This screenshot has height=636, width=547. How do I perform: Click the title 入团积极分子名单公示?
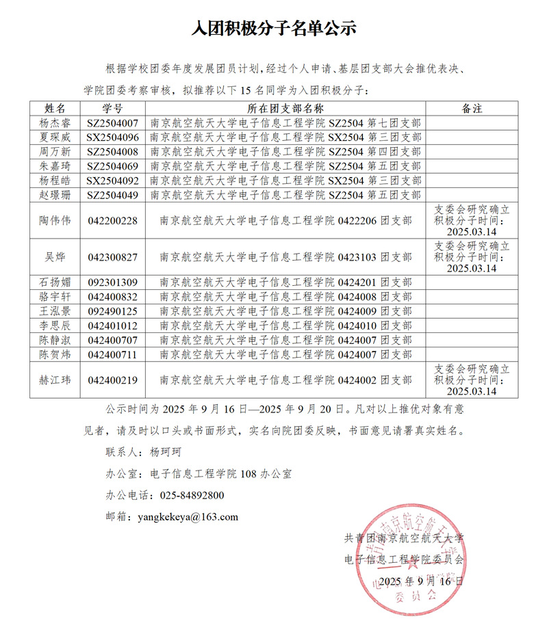tap(273, 28)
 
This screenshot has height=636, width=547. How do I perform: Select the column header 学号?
tap(112, 109)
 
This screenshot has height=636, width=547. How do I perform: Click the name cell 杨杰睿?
tap(54, 124)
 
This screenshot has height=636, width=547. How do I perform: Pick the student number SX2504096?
tap(113, 137)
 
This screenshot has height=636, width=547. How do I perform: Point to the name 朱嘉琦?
tap(54, 166)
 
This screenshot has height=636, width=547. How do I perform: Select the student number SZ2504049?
tap(113, 196)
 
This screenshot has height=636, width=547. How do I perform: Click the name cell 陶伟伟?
tap(54, 221)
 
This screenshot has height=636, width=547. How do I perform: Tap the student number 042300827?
tap(113, 257)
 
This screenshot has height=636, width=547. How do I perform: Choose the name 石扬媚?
tap(54, 282)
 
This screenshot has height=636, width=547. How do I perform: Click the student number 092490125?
tap(113, 311)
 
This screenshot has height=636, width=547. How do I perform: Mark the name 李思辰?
tap(54, 326)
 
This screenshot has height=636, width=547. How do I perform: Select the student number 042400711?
tap(113, 354)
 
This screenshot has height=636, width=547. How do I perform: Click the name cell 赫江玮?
tap(54, 380)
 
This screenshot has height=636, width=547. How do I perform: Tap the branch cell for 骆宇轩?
tap(285, 297)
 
